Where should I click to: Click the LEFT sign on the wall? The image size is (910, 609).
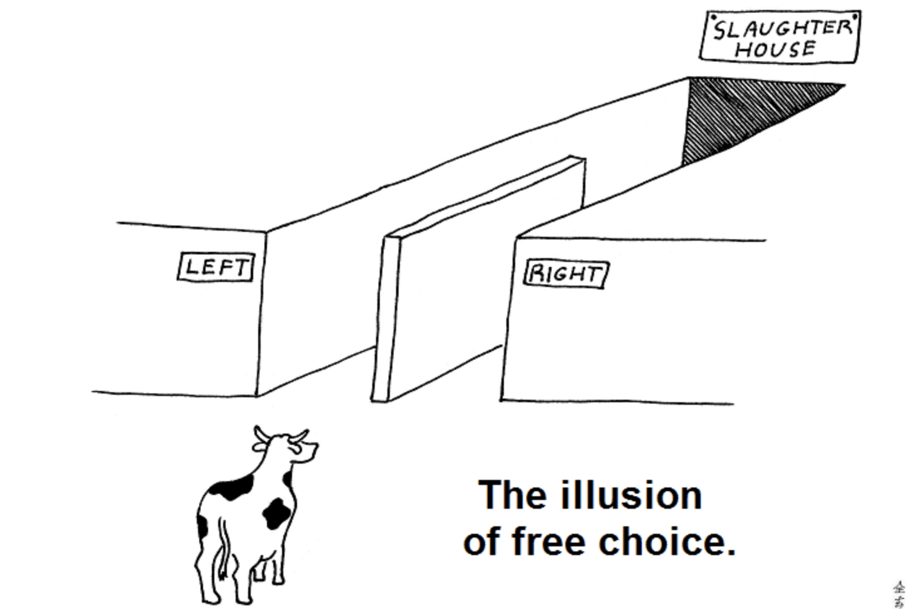tap(216, 267)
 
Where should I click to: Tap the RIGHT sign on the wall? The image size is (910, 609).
tap(567, 274)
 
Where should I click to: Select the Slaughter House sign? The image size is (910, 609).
tap(780, 37)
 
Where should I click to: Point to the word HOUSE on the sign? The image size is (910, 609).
tap(775, 49)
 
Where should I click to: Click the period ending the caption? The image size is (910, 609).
tap(731, 552)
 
